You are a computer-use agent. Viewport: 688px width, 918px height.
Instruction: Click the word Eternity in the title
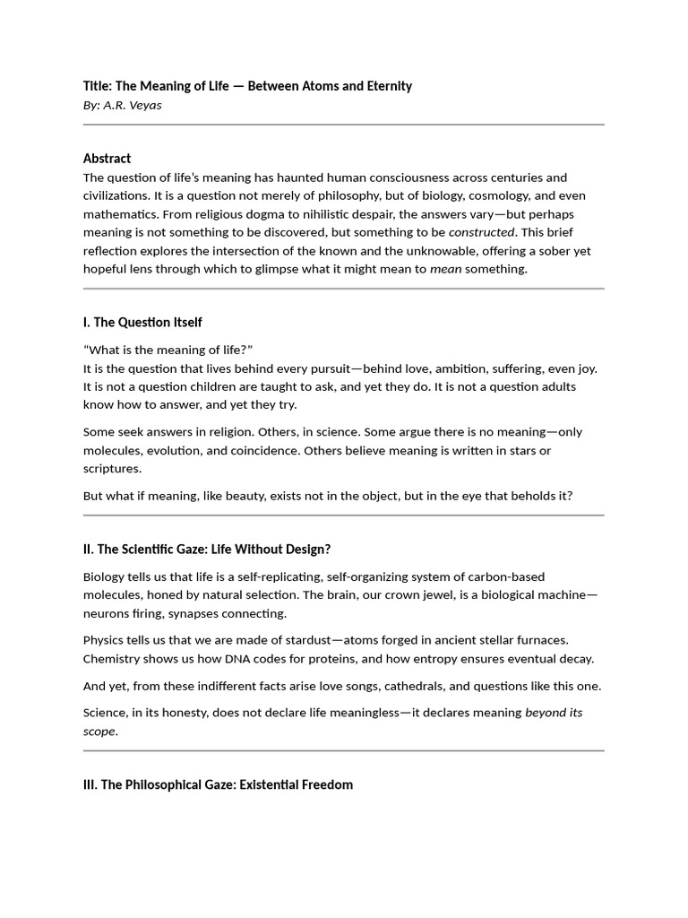coord(384,86)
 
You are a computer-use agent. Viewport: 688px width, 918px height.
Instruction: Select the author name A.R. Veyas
coord(134,105)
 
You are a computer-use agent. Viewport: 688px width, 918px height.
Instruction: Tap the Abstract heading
coord(107,159)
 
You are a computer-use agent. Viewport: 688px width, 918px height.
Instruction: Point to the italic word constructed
coord(481,232)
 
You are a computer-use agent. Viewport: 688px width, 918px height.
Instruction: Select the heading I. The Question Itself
coord(142,322)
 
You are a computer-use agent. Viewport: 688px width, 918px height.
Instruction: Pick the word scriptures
coord(112,468)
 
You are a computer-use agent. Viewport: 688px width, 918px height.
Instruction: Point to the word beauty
coord(239,496)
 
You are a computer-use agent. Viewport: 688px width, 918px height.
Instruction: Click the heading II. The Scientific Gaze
coord(207,549)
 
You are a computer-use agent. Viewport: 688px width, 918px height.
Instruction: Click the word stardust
coord(302,640)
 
